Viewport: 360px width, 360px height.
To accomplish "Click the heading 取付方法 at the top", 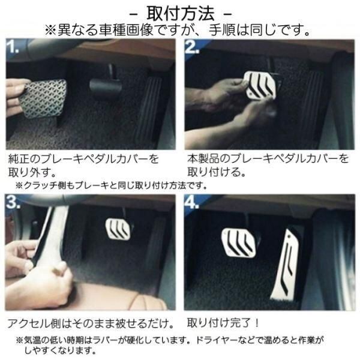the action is pyautogui.click(x=181, y=14).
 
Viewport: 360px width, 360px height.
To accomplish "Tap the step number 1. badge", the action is pyautogui.click(x=13, y=47).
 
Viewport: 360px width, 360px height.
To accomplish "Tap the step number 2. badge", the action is pyautogui.click(x=191, y=47).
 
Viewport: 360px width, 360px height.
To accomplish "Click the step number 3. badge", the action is pyautogui.click(x=13, y=202).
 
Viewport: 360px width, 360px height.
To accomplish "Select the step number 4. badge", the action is pyautogui.click(x=191, y=202).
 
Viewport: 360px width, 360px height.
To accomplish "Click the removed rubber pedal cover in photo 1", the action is pyautogui.click(x=43, y=99).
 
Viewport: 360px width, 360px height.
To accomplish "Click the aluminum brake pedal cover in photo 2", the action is pyautogui.click(x=260, y=85).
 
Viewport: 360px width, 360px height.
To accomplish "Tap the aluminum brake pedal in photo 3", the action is pyautogui.click(x=118, y=229).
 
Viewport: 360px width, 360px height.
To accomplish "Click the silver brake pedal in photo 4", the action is pyautogui.click(x=239, y=242).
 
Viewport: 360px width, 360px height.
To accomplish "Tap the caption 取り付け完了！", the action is pyautogui.click(x=223, y=323).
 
